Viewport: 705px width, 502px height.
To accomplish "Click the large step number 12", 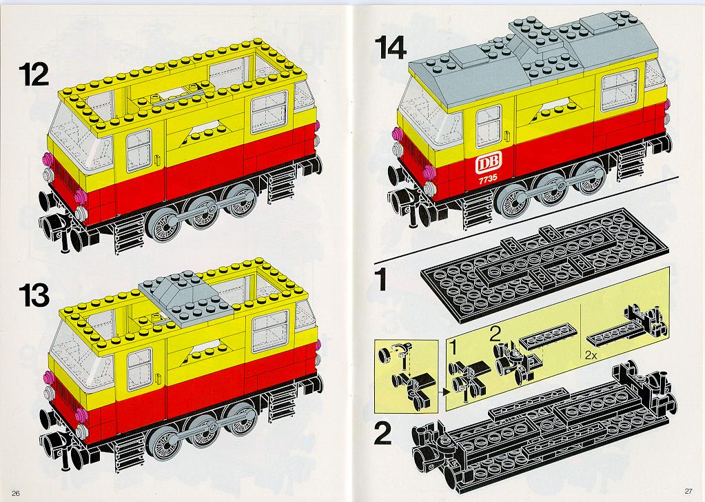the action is [34, 74].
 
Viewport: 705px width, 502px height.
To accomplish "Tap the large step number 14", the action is [391, 48].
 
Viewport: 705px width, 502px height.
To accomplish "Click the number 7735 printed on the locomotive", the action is [489, 178].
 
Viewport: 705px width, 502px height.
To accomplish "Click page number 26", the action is [16, 493].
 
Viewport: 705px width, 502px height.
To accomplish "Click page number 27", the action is [688, 491].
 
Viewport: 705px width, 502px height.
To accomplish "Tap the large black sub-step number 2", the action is [382, 433].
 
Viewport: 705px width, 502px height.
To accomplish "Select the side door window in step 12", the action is [139, 151].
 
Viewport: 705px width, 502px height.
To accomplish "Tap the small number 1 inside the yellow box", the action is [453, 348].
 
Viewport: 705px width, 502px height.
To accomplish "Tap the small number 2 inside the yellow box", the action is [495, 334].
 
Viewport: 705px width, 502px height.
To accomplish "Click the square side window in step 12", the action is [269, 112].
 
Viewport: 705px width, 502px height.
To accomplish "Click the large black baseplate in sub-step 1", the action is [543, 265].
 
